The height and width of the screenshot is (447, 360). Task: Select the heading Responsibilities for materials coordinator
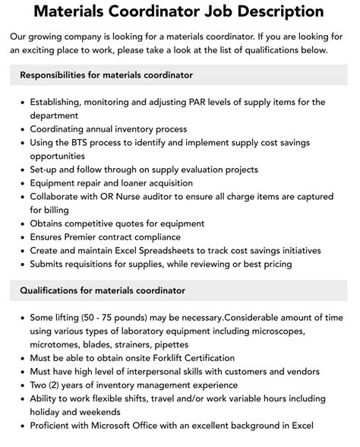tap(106, 75)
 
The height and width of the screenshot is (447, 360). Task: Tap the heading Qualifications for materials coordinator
tap(103, 290)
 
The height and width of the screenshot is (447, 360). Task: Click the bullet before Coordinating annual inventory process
tap(21, 128)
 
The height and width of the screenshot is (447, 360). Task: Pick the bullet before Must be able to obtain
tap(21, 358)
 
